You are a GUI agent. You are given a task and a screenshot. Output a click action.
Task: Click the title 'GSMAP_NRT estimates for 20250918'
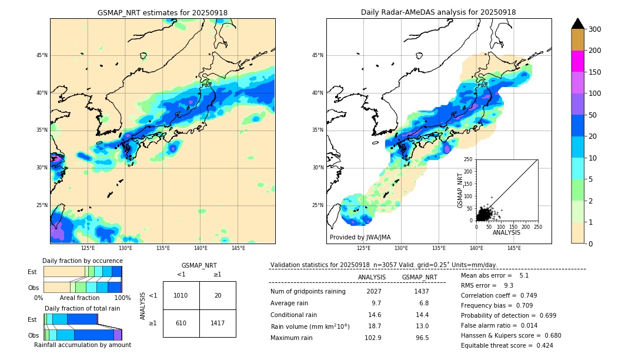162,13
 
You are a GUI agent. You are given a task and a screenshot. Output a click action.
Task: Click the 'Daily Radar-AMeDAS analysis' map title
439,13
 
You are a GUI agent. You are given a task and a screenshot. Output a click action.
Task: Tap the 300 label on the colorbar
594,29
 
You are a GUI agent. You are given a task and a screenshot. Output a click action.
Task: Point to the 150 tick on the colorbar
594,72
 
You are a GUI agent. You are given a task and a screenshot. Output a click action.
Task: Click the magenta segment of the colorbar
577,61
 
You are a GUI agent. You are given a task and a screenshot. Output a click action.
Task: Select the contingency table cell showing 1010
181,295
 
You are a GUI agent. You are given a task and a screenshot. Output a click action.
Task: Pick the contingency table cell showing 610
181,323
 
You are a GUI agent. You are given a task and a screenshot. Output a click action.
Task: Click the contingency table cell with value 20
218,295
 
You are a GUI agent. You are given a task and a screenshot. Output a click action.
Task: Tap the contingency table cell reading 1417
218,323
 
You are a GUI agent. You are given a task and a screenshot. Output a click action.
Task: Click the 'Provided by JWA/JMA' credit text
360,238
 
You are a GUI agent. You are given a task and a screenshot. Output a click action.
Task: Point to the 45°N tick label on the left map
42,55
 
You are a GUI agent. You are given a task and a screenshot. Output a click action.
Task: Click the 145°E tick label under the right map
514,248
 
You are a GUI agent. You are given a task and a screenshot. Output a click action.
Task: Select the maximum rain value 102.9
373,338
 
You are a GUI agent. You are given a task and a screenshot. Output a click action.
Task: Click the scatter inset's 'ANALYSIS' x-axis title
506,232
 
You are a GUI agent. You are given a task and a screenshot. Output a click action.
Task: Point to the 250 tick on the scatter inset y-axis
468,159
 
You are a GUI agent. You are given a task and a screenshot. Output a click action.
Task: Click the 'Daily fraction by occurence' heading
82,261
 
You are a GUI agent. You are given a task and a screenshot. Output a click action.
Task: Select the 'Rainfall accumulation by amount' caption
82,345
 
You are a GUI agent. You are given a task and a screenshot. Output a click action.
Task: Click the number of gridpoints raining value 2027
373,292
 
